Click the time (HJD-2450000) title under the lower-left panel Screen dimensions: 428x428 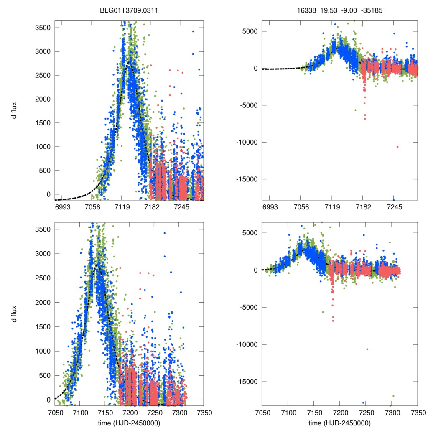129,423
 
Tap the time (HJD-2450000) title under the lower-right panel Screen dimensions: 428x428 340,423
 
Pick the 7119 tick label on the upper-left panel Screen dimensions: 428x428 122,207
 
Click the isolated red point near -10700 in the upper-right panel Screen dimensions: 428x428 397,147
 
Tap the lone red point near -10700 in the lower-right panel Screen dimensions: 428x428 367,349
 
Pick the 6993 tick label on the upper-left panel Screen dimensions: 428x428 62,207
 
